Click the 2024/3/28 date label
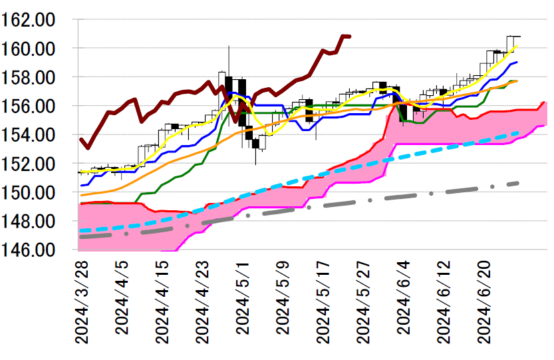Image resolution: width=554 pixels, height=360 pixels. pyautogui.click(x=82, y=302)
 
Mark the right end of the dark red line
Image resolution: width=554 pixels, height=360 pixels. pyautogui.click(x=350, y=36)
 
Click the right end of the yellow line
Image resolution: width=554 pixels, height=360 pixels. pyautogui.click(x=517, y=46)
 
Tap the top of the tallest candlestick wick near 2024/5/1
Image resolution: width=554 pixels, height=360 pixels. pyautogui.click(x=229, y=46)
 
